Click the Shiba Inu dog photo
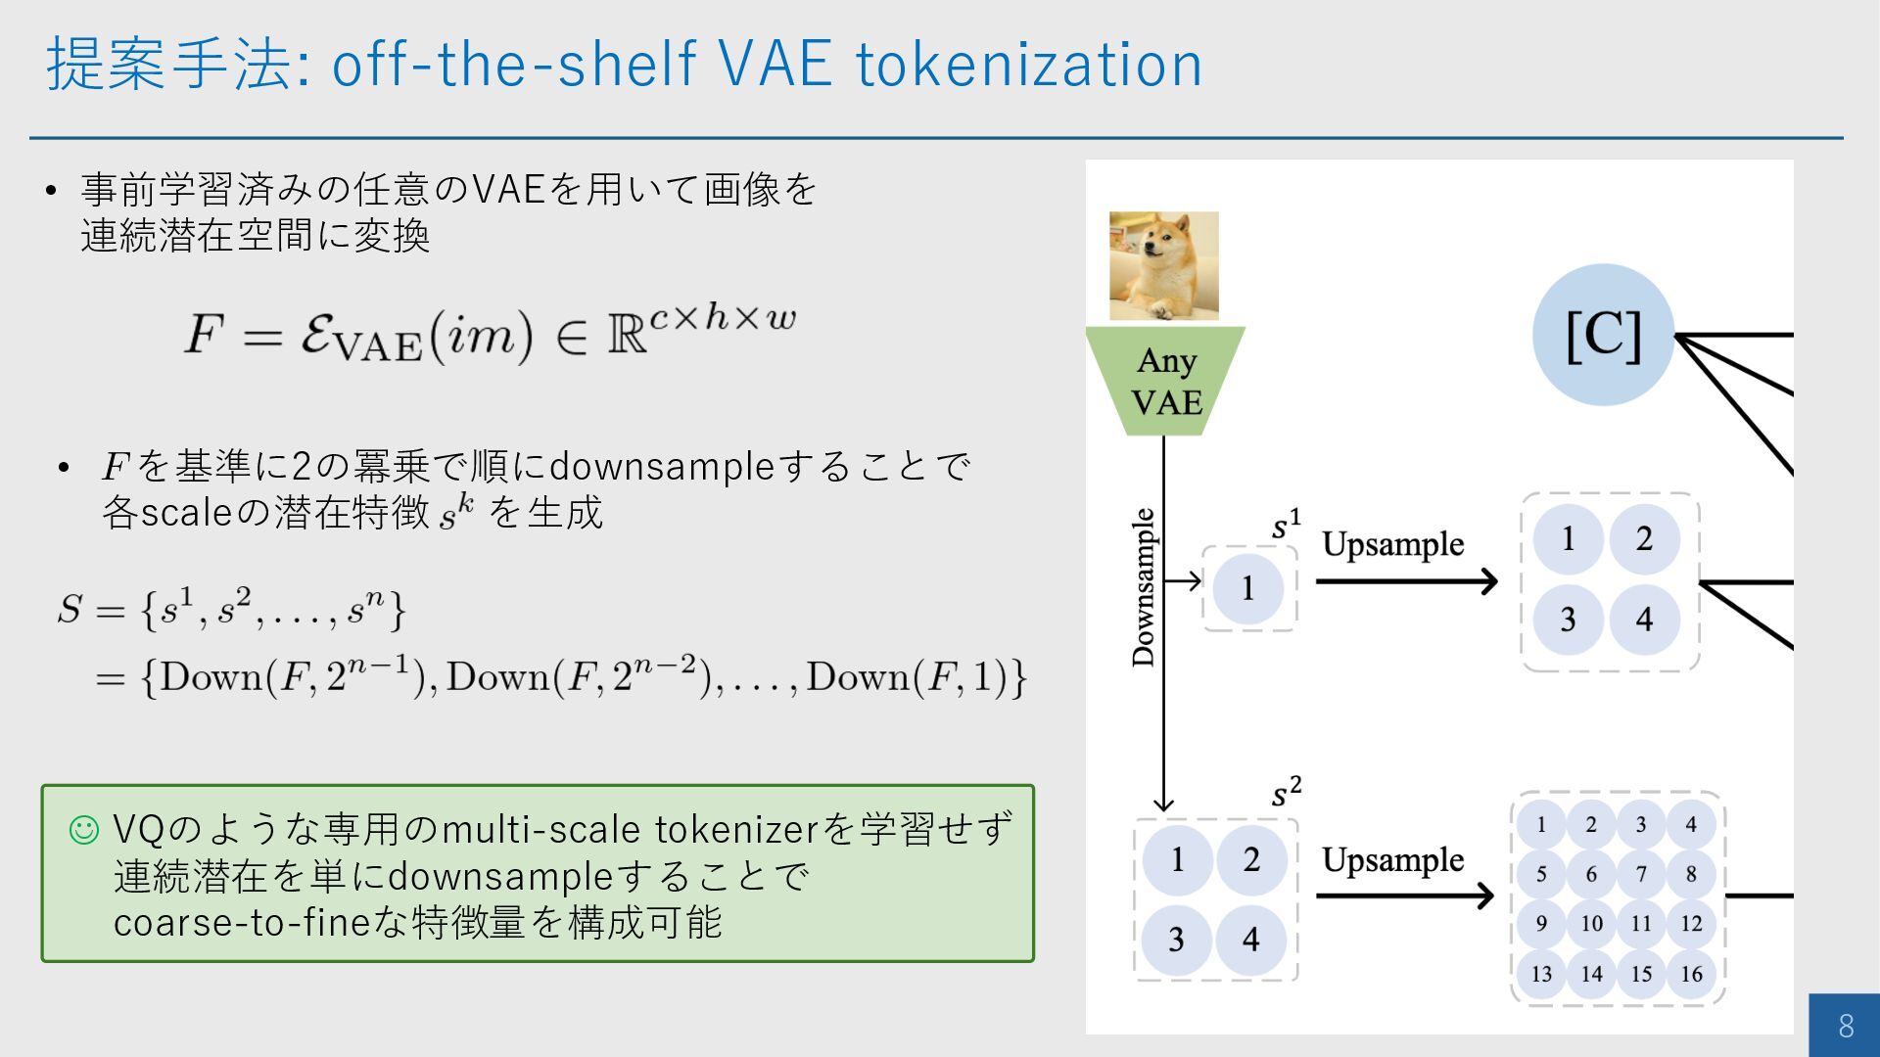(1163, 265)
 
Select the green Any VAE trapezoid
(1165, 382)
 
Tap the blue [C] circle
(1603, 335)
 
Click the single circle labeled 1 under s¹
(1247, 588)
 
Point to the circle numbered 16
(1691, 974)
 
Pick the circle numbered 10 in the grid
(1591, 923)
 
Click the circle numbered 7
(1641, 873)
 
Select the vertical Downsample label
(1143, 587)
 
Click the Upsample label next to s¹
(1392, 544)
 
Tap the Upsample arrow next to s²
(1405, 896)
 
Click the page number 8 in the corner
(1846, 1026)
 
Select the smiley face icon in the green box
(84, 830)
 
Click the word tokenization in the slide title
(1028, 65)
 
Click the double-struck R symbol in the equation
(627, 336)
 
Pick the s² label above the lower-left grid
(1286, 792)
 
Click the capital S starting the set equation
(70, 609)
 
